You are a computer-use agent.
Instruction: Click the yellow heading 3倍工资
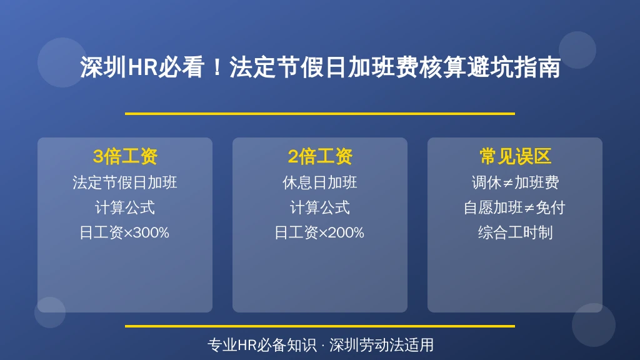tap(125, 156)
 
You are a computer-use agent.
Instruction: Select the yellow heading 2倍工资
tap(320, 156)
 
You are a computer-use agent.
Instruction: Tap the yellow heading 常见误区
tap(515, 156)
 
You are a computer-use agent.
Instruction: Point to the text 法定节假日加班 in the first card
tap(125, 182)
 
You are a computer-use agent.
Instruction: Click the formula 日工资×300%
tap(124, 232)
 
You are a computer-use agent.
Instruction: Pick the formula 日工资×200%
tap(319, 232)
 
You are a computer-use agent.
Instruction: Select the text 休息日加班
tap(320, 182)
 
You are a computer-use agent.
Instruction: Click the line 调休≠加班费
tap(515, 182)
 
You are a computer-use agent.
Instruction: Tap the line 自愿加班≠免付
tap(515, 207)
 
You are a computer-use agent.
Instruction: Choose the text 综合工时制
tap(516, 232)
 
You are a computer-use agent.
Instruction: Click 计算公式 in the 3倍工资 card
tap(125, 207)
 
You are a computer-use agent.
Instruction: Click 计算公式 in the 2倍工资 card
tap(320, 207)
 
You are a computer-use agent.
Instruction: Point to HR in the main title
tap(142, 67)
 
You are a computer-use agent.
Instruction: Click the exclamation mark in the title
tap(217, 67)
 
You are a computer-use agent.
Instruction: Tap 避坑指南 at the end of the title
tap(514, 67)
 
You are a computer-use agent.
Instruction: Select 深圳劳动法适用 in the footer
tap(382, 345)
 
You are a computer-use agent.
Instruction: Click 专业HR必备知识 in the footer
tap(262, 345)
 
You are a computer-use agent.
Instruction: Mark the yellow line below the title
tap(320, 114)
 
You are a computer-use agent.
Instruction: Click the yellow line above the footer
tap(320, 326)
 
